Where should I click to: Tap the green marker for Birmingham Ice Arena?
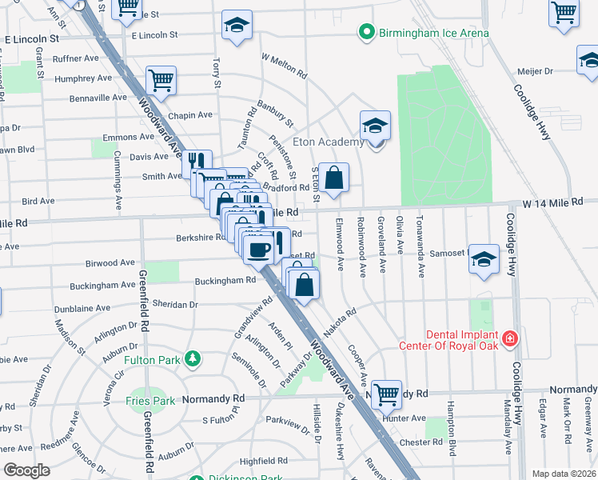367,33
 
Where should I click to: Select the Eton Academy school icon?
374,126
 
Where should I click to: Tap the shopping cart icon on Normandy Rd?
386,394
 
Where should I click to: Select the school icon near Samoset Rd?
484,259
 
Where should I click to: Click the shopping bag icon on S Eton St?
336,178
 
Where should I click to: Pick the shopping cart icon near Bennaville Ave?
161,81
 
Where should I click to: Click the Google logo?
26,470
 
